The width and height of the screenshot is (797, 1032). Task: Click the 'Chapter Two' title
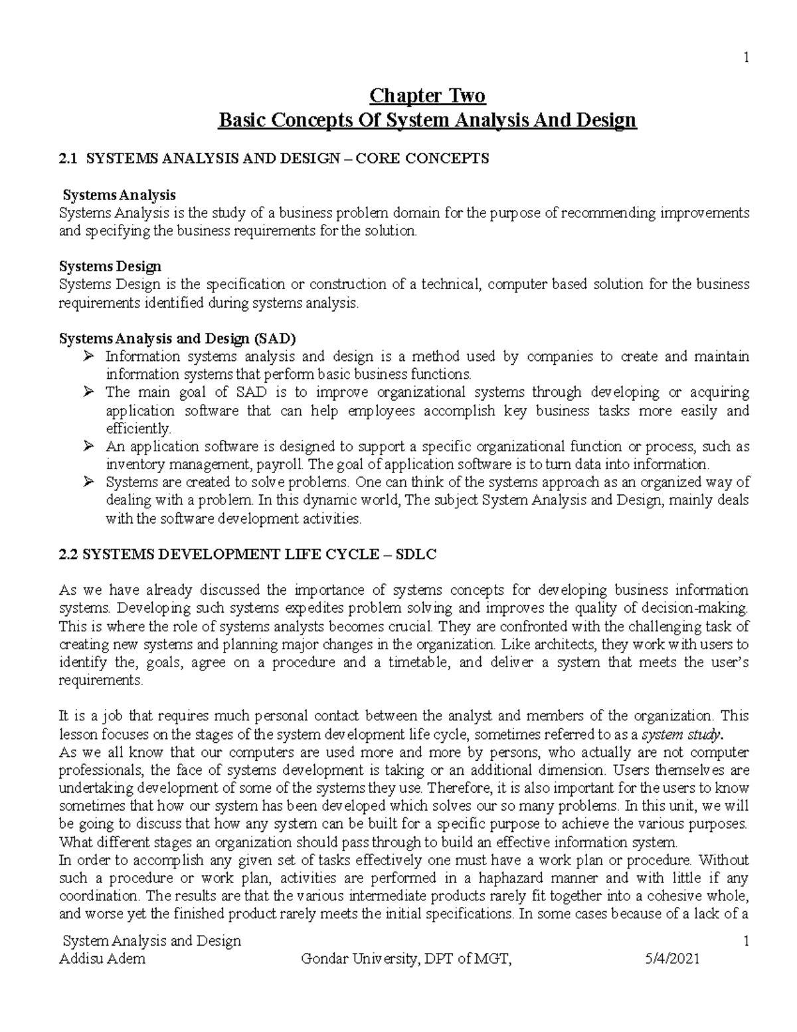point(427,96)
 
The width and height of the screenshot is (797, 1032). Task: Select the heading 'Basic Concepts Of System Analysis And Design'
point(427,120)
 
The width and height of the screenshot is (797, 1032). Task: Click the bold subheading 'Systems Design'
point(110,266)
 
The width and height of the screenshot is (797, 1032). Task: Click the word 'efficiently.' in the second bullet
point(138,429)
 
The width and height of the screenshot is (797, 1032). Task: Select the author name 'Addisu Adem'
point(102,958)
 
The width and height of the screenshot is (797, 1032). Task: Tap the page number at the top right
point(747,57)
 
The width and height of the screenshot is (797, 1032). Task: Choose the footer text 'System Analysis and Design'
point(151,941)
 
